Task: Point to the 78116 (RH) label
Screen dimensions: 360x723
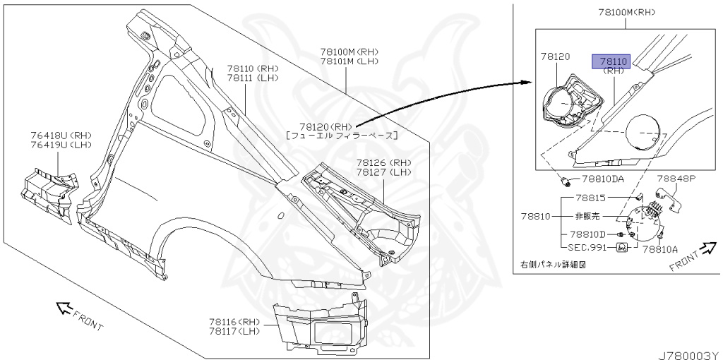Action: click(234, 322)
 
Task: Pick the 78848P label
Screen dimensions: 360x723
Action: click(677, 179)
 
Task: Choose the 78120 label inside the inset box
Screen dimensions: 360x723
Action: click(556, 55)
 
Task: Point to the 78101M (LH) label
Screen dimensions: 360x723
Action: click(349, 61)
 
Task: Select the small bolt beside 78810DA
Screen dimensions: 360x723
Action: click(566, 181)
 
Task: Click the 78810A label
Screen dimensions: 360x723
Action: click(660, 248)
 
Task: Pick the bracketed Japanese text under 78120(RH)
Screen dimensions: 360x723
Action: click(341, 135)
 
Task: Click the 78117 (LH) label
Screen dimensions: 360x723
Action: click(234, 331)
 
